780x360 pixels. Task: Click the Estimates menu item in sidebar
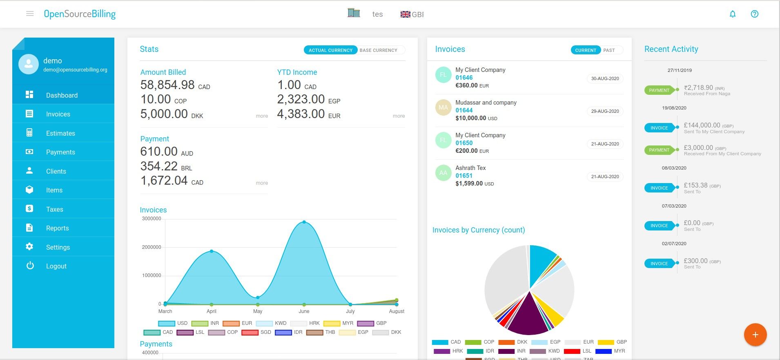[x=60, y=133]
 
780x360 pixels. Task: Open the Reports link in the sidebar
[x=57, y=228]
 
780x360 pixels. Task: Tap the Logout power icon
[x=30, y=266]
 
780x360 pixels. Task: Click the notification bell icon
[x=733, y=14]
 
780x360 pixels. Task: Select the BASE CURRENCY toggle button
[x=379, y=50]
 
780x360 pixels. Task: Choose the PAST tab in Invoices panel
[x=609, y=50]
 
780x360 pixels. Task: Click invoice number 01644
[x=464, y=110]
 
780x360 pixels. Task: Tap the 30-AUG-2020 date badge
[x=605, y=78]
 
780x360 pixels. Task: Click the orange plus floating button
[x=755, y=335]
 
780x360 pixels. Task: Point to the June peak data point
[x=304, y=222]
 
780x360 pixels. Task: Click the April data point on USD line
[x=212, y=251]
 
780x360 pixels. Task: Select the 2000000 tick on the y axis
[x=152, y=247]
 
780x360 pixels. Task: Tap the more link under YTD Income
[x=399, y=116]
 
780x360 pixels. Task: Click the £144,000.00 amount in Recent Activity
[x=702, y=125]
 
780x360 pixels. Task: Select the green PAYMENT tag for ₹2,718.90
[x=659, y=90]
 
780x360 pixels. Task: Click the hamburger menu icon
[x=30, y=14]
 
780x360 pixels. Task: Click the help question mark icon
[x=755, y=14]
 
